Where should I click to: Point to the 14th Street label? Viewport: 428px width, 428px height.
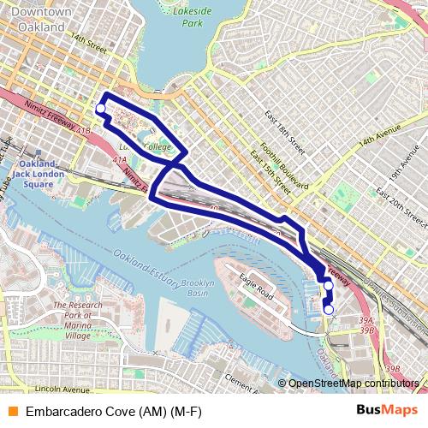tap(88, 39)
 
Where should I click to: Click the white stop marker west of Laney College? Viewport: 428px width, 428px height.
tap(100, 109)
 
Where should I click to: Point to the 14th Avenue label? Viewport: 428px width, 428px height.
tap(379, 136)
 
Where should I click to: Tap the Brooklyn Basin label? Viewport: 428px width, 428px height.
tap(197, 287)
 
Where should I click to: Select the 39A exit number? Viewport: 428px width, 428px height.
tap(367, 318)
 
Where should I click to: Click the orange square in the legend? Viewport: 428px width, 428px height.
tap(13, 411)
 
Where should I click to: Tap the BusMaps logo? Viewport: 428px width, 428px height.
tap(388, 410)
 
